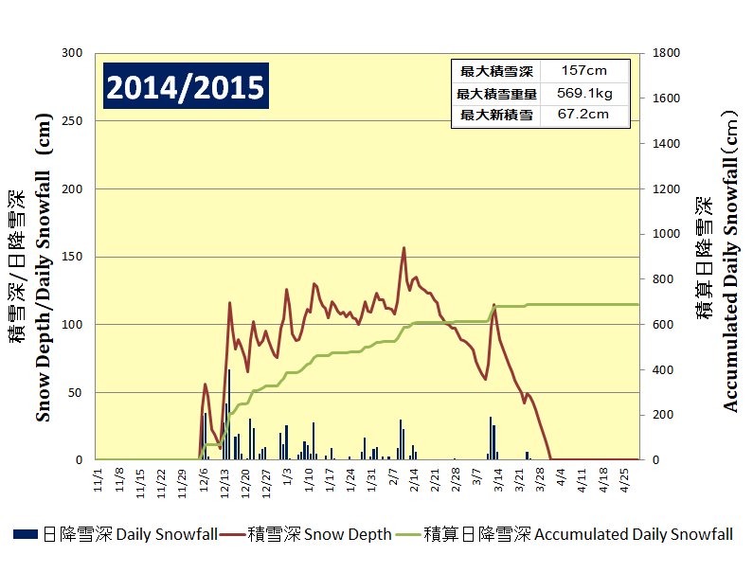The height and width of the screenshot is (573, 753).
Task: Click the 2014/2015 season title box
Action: coord(186,87)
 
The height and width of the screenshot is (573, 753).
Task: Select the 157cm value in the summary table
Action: coord(583,71)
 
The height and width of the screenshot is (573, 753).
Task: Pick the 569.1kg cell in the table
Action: coord(583,93)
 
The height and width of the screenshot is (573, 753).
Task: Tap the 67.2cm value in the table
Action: coord(583,115)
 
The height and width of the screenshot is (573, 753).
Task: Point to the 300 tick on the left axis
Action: coord(72,54)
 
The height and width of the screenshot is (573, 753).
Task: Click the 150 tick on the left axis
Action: coord(72,257)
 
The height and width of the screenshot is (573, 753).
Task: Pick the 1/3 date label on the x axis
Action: coord(288,474)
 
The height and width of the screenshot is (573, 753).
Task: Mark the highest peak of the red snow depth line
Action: coord(404,248)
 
